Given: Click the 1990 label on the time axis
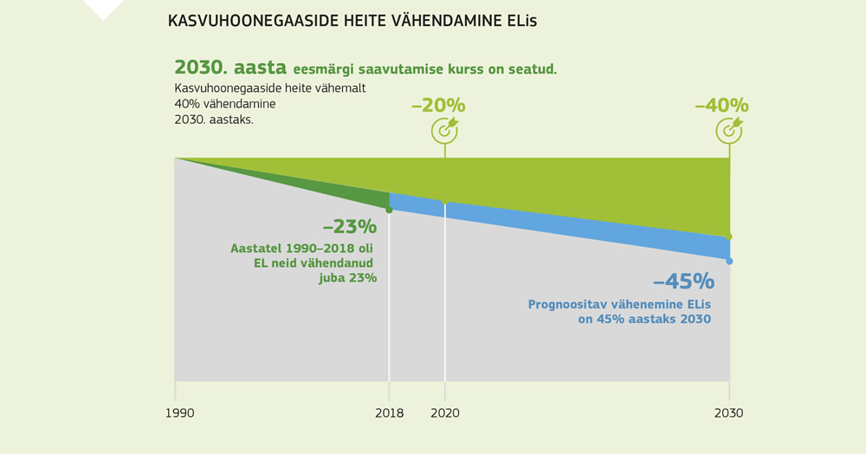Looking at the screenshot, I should tap(179, 413).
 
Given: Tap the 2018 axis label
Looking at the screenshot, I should tap(389, 413).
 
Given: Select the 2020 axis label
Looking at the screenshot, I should tap(445, 413).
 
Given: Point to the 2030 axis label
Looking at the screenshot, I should tap(729, 413).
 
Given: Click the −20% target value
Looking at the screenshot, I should tap(438, 106).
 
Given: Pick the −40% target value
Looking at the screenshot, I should tap(721, 106).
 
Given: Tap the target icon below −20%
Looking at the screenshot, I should tap(445, 129).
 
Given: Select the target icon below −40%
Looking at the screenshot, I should tap(729, 129).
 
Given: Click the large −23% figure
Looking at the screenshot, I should tap(350, 227).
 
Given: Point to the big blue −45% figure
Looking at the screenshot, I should tap(683, 282).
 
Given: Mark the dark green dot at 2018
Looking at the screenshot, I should tap(389, 210).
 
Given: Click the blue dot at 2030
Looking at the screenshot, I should tap(729, 261).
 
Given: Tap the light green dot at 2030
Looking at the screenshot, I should tap(729, 237).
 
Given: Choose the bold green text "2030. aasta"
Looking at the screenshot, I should tap(230, 68).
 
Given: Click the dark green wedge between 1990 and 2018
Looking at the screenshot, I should tap(346, 189).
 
